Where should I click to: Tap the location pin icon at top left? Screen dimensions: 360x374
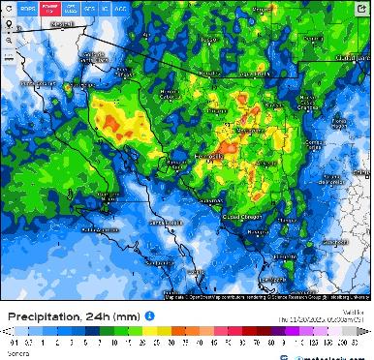(9, 21)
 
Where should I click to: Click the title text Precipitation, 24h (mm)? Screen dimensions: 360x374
(74, 315)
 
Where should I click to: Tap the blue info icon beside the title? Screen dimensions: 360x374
(150, 315)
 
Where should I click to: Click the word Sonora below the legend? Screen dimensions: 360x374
(16, 354)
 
